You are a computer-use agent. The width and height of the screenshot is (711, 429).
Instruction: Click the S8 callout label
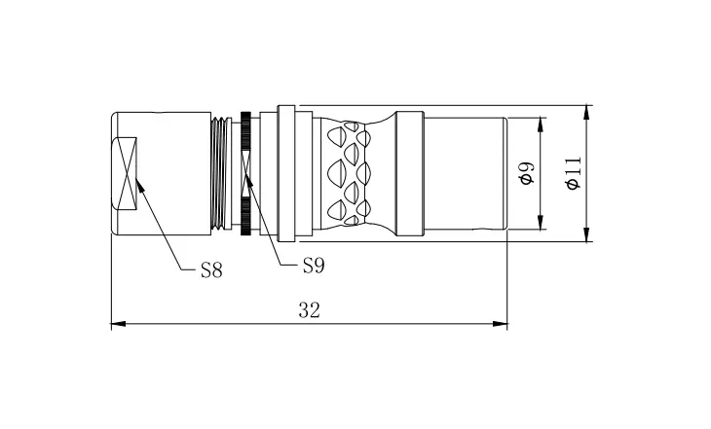pos(211,270)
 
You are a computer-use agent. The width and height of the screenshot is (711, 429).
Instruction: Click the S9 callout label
pos(314,266)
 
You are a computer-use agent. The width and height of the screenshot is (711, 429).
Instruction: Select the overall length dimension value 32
pos(310,310)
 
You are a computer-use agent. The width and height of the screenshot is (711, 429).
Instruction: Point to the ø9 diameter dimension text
pos(527,173)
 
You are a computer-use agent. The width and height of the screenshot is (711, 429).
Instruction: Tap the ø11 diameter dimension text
pos(573,173)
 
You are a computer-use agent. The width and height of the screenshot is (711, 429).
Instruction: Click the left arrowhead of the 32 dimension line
pos(118,324)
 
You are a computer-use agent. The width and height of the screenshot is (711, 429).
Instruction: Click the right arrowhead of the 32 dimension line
pos(501,324)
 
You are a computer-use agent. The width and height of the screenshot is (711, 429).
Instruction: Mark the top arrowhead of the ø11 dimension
pos(586,113)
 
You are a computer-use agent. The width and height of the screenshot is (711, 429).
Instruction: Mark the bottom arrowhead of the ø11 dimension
pos(586,234)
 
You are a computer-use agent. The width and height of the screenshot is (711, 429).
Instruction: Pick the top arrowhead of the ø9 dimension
pos(540,125)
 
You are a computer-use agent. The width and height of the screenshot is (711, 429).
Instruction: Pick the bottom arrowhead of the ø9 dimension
pos(540,223)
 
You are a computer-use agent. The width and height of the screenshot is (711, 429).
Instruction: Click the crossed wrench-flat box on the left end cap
pos(124,174)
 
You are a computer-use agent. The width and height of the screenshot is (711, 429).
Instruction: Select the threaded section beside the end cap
pos(219,173)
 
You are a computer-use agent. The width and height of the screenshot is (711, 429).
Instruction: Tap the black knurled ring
pos(246,173)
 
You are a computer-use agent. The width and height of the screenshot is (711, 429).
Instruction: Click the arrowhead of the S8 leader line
pos(139,184)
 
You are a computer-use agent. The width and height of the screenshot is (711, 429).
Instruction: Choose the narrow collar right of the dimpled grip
pos(410,173)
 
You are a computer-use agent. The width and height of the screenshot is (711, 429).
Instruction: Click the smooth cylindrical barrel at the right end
pos(466,173)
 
